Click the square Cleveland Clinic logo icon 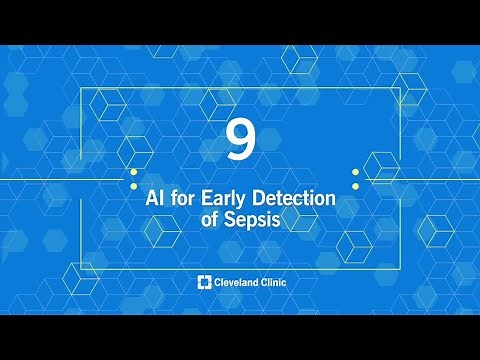coord(204,283)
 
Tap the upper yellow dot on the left coord(133,172)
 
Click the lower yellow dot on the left coord(133,185)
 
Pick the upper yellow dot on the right coord(355,172)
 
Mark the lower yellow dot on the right coord(355,185)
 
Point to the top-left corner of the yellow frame coord(80,89)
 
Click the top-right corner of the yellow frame coord(400,89)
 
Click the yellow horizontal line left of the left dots coord(60,179)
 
